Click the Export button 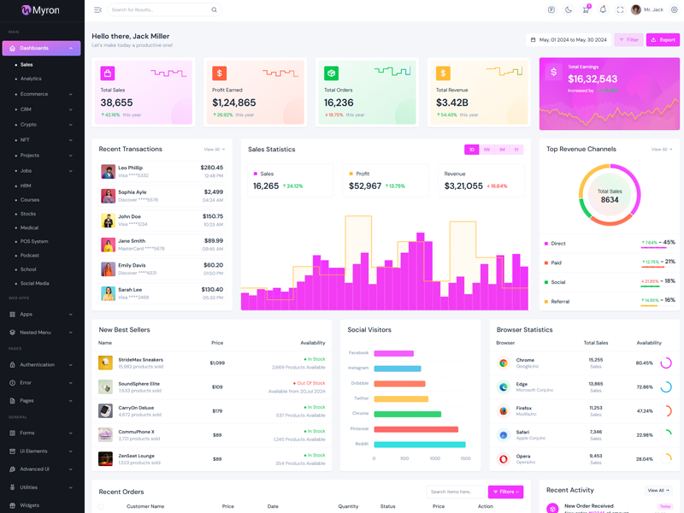point(663,39)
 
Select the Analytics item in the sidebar point(31,79)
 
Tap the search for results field point(158,10)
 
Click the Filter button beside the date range point(628,39)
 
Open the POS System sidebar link point(34,241)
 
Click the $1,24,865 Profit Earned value point(234,103)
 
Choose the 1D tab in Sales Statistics point(471,150)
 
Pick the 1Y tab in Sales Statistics point(516,150)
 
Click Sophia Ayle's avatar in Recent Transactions point(108,196)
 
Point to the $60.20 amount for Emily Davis point(213,265)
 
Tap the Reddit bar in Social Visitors point(419,445)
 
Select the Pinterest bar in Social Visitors point(416,429)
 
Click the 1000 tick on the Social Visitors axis point(434,458)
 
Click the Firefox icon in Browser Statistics point(504,410)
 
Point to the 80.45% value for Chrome point(644,363)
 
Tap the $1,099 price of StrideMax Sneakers point(217,363)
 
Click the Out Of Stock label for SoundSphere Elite point(310,383)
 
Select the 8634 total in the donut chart point(610,200)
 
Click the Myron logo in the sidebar point(41,10)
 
